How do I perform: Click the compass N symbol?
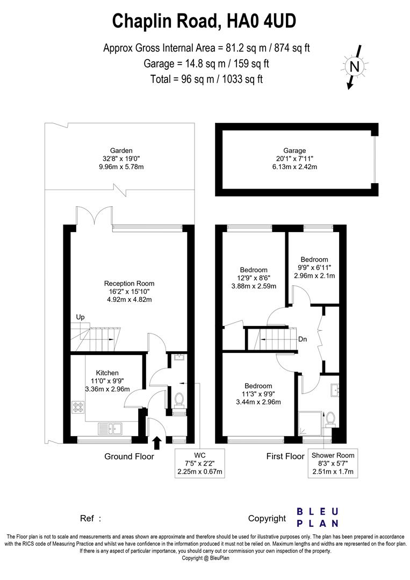point(354,67)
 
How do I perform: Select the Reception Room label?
point(129,284)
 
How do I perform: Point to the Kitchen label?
point(107,373)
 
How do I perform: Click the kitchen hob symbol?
point(77,408)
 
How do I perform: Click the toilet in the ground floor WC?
point(179,400)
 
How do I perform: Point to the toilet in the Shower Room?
point(330,418)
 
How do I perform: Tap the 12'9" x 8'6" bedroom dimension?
point(254,278)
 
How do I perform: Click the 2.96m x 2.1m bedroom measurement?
point(314,275)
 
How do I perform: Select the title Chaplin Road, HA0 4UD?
point(204,21)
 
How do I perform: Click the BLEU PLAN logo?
point(318,517)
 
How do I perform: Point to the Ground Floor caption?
point(129,456)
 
